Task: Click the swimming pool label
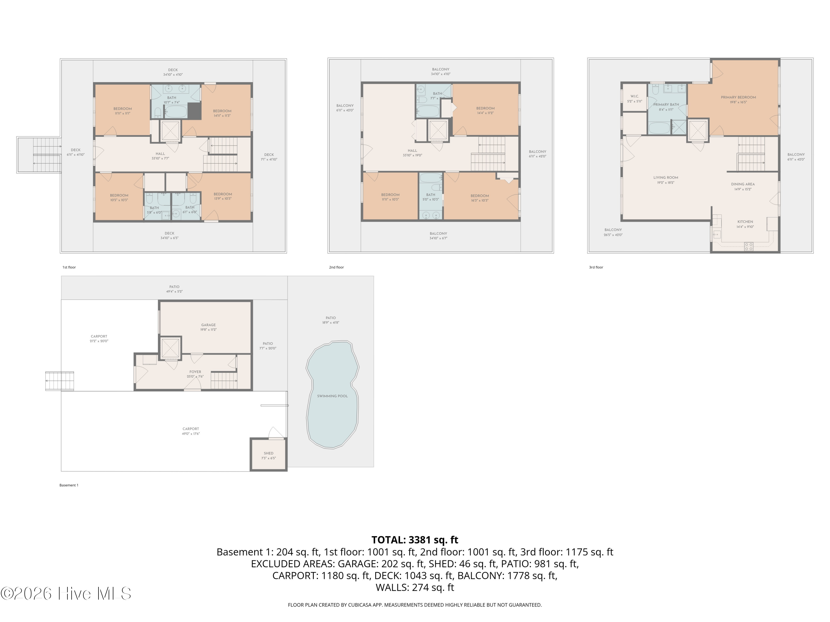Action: point(332,396)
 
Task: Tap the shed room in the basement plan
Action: point(269,455)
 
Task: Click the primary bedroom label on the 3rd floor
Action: point(738,99)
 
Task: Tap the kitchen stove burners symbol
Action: point(749,246)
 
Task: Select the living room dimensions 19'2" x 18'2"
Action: point(665,182)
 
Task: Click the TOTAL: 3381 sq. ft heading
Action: point(415,540)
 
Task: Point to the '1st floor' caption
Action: point(69,267)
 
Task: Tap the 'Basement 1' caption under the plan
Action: point(69,485)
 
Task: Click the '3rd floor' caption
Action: point(596,267)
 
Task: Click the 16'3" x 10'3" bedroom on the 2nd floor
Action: point(479,198)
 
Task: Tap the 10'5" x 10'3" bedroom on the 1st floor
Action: point(119,198)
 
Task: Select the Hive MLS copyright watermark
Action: point(66,594)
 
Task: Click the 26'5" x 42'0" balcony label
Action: point(613,232)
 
